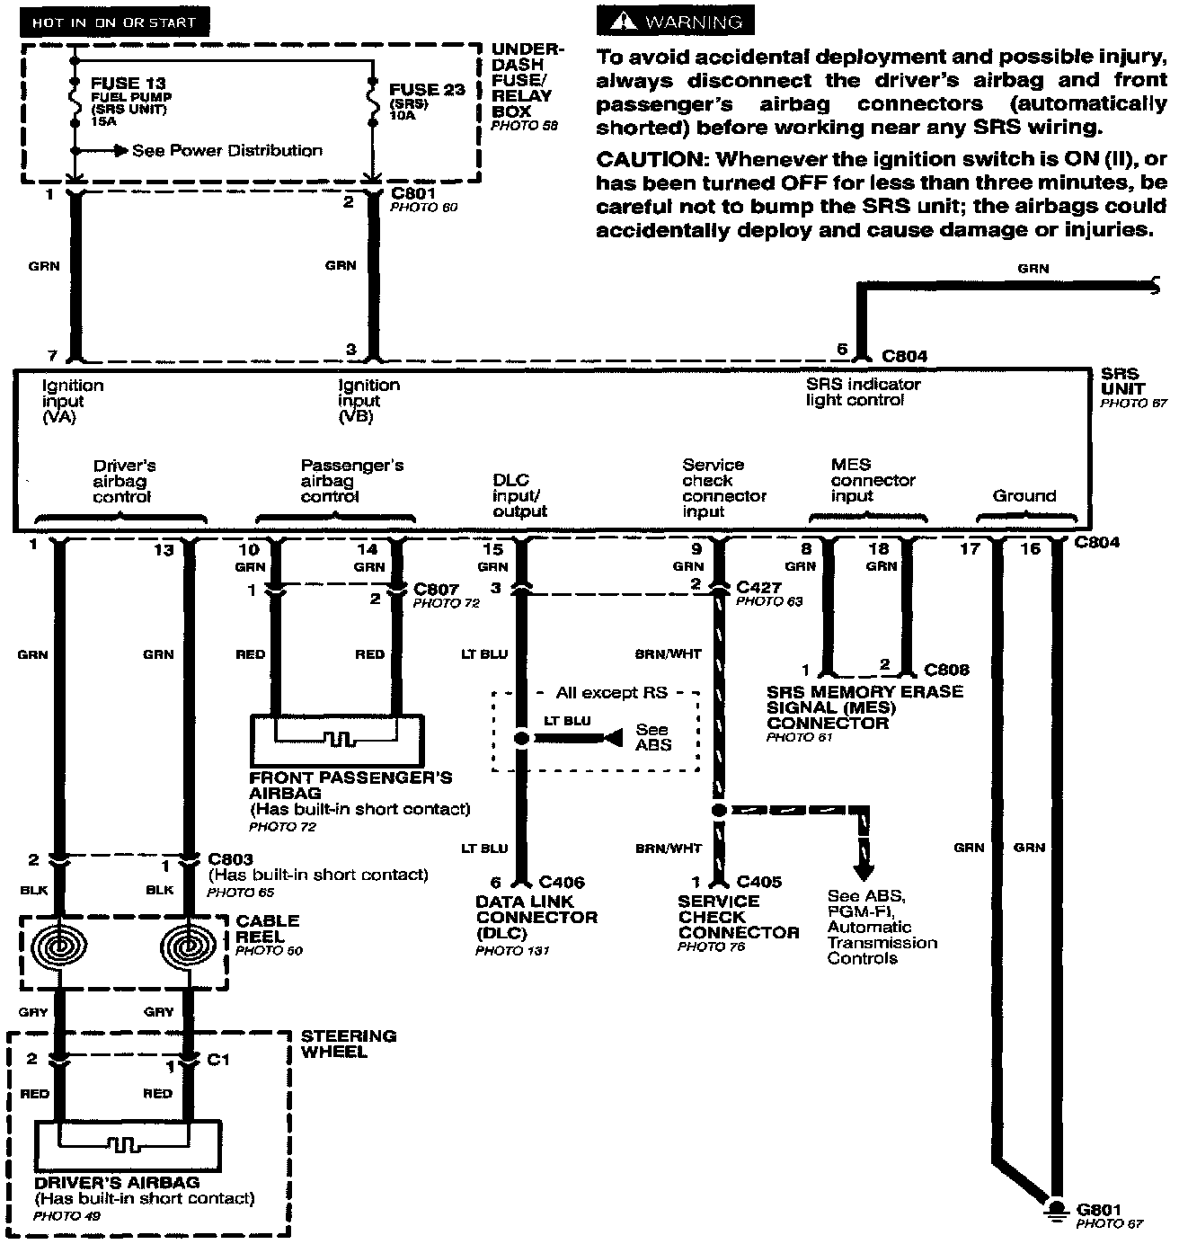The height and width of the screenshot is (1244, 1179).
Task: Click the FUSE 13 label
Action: pos(128,83)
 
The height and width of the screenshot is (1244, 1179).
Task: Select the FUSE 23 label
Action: pos(428,90)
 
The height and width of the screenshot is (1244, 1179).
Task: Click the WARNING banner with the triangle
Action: pos(675,21)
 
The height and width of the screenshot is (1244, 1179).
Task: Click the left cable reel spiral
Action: pos(59,947)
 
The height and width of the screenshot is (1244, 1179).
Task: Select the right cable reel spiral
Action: pos(189,947)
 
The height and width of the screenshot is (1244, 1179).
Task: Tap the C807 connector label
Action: pos(437,590)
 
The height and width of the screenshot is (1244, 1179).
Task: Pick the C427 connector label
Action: pos(759,587)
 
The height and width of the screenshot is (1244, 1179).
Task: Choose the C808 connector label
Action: pos(947,670)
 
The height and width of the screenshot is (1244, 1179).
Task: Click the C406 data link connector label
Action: pos(562,883)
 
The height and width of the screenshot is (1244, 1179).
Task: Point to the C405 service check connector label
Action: pos(758,883)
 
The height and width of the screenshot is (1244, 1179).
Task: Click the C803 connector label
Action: pos(230,859)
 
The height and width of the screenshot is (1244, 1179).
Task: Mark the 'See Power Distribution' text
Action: pos(226,150)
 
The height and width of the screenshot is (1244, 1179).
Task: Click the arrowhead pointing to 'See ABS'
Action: pos(612,738)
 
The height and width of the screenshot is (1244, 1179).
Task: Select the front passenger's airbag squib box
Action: pos(336,741)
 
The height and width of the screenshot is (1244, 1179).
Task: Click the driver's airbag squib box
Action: pos(126,1146)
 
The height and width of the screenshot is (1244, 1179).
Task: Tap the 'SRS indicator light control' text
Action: pos(863,392)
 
